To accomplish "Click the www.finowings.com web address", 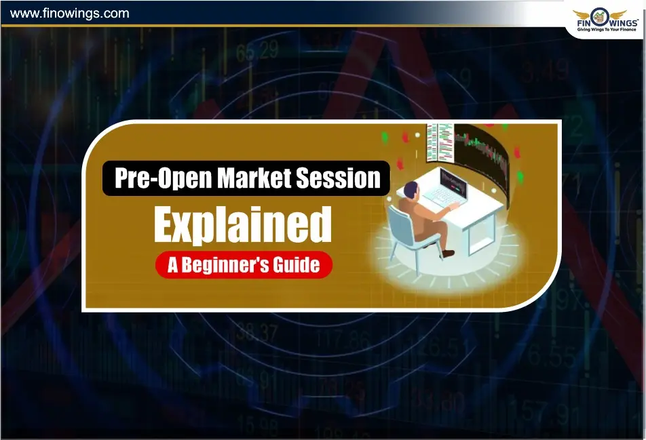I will click(69, 13).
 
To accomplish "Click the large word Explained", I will click(242, 225).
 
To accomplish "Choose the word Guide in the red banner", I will click(297, 264).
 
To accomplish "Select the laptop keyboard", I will click(444, 197).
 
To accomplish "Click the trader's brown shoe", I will click(447, 254).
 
